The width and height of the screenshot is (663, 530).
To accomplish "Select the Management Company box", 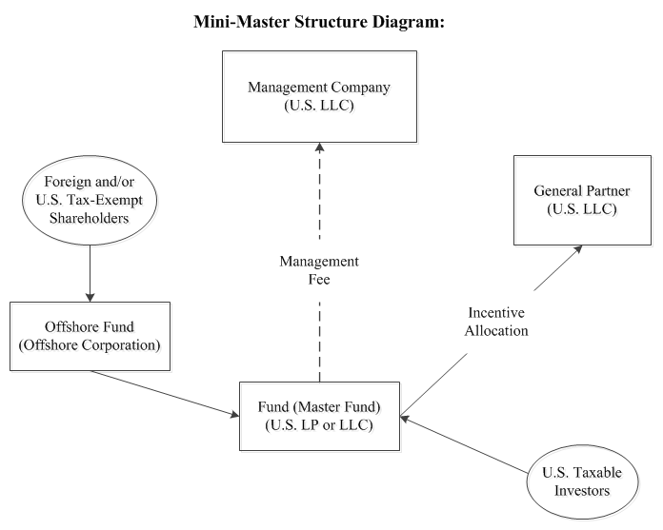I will (320, 96).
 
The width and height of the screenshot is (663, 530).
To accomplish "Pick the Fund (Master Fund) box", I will (320, 415).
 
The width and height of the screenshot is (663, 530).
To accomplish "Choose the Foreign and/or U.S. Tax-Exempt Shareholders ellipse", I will (90, 197).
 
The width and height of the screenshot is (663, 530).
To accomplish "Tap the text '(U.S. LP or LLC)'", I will (320, 424).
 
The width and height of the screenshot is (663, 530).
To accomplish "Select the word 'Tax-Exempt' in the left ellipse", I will (109, 197).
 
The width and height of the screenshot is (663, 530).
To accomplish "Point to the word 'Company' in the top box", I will (361, 87).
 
